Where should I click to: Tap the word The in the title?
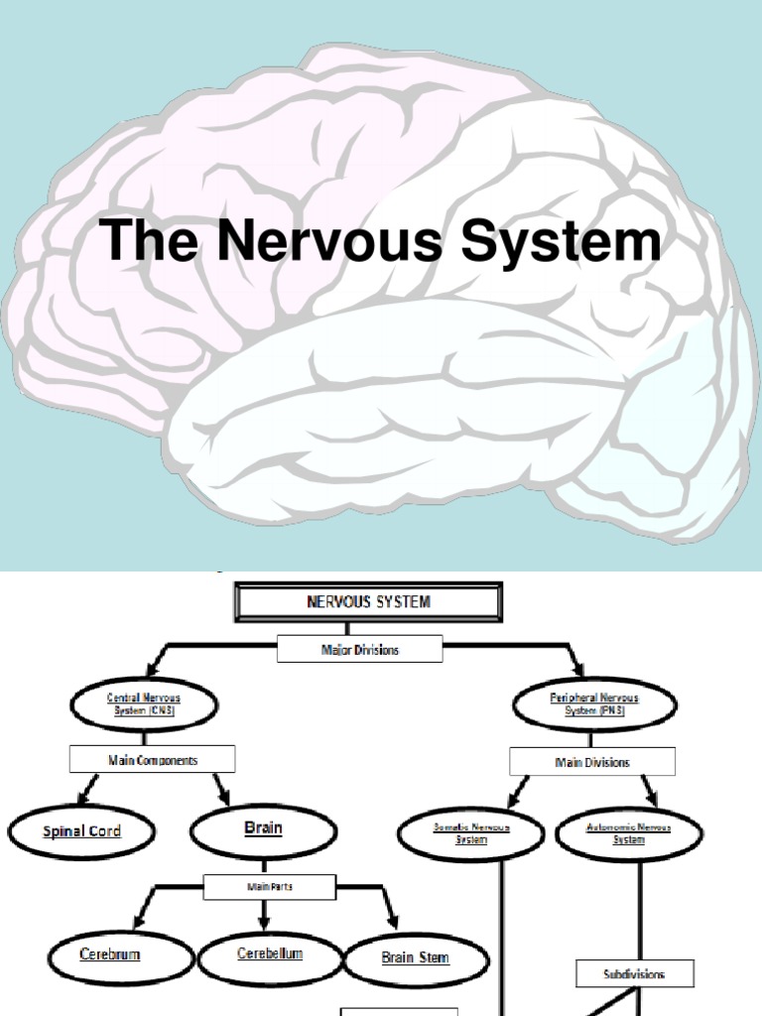coord(146,241)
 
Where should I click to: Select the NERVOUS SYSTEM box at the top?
coord(368,602)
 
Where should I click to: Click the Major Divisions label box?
coord(359,650)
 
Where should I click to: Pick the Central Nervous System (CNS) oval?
coord(144,704)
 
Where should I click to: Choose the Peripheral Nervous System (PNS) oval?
coord(594,704)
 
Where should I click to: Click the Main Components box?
coord(152,760)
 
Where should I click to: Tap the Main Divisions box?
coord(592,762)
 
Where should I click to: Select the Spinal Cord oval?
coord(81,831)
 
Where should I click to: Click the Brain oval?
coord(263,829)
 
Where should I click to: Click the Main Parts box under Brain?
coord(270,887)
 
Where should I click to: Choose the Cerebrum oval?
coord(109,955)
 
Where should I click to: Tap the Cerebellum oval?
coord(270,955)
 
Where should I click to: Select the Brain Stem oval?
coord(416,958)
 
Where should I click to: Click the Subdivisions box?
coord(635,973)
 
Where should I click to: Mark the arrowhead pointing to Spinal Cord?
coord(85,797)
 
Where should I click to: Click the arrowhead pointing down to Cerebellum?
coord(263,924)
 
